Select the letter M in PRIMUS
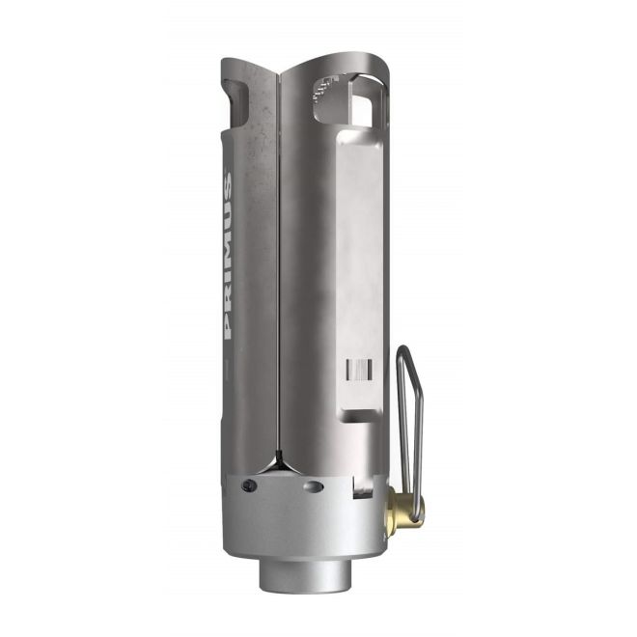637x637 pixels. pyautogui.click(x=229, y=257)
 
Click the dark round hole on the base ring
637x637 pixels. pyautogui.click(x=250, y=485)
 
